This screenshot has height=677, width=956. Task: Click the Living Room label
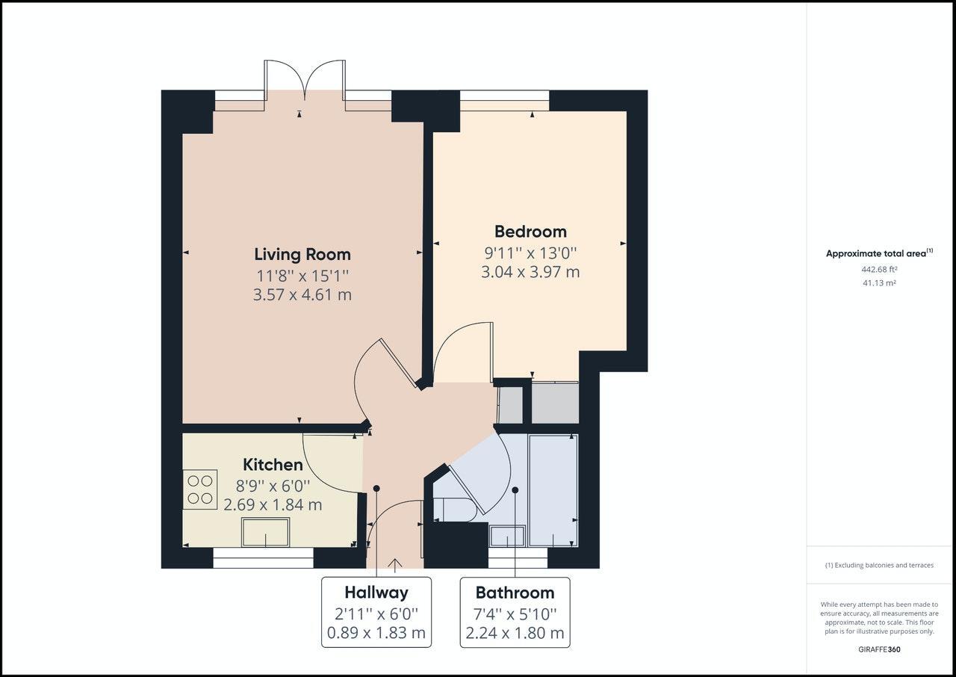(302, 254)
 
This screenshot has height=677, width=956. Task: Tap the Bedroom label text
(530, 231)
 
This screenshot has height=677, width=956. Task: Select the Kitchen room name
(273, 465)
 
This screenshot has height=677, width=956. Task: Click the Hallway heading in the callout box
(376, 593)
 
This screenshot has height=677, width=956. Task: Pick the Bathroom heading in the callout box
(515, 593)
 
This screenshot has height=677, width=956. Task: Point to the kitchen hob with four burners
(199, 489)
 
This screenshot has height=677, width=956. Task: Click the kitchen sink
(266, 532)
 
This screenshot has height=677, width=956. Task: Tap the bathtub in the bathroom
(553, 489)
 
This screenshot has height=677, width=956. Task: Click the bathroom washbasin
(507, 537)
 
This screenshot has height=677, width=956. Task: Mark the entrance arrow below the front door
(395, 565)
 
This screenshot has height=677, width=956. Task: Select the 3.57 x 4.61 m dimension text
(302, 294)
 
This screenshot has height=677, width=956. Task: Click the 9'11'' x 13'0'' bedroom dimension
(530, 253)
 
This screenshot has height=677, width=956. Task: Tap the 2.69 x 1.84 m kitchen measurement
(273, 504)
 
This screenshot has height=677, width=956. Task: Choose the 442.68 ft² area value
(879, 269)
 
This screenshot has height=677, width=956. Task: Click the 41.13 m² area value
(879, 283)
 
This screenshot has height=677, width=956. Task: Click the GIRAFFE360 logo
(879, 649)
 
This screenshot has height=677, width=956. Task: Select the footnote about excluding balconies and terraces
(879, 566)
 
